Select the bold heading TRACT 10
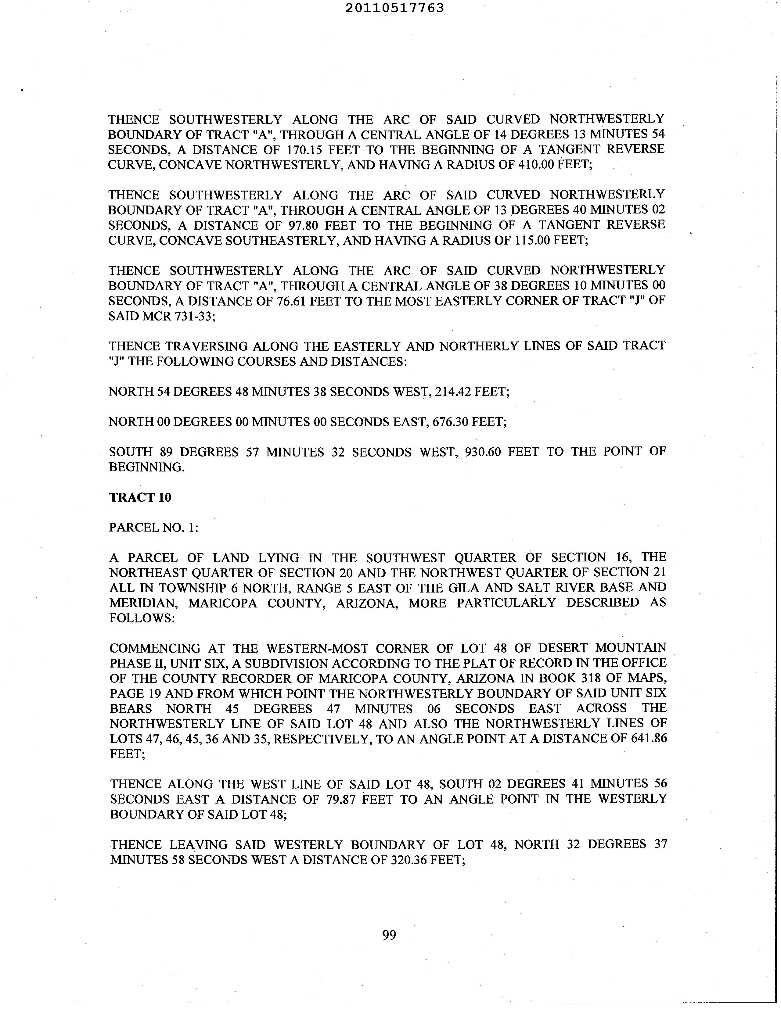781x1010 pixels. (140, 497)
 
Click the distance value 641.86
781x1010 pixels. (649, 739)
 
